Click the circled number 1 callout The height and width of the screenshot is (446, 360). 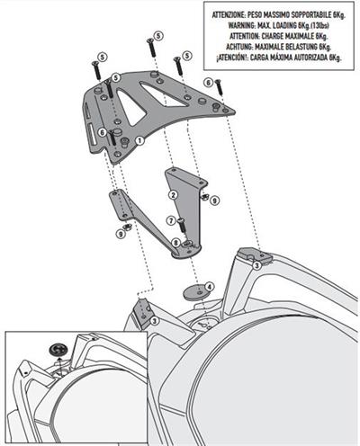pos(139,140)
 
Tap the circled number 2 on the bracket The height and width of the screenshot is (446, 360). pos(173,195)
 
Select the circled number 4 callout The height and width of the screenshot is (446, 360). pos(209,287)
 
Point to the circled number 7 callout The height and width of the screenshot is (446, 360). pos(171,221)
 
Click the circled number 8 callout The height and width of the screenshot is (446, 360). pos(175,243)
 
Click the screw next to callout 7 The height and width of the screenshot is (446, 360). pos(182,224)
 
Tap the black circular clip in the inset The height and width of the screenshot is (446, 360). pos(58,350)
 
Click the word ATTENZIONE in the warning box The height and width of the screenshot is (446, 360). pos(228,14)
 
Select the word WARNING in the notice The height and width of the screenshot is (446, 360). pos(240,25)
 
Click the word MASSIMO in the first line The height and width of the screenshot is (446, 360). pos(275,14)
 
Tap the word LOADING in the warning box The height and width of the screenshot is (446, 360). pos(284,25)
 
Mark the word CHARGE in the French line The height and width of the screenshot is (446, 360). pos(272,36)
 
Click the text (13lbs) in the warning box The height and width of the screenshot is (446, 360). pos(320,25)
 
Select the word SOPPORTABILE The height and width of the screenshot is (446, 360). pos(311,14)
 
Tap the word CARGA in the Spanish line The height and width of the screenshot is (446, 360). pos(259,58)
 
